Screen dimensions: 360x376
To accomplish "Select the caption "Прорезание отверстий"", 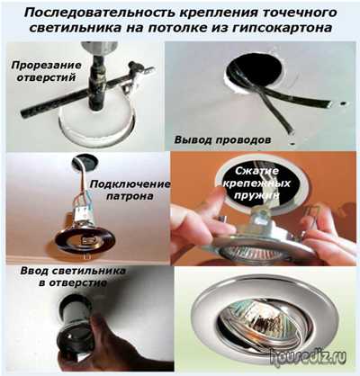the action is click(x=46, y=71).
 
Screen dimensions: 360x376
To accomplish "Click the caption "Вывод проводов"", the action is click(x=223, y=139).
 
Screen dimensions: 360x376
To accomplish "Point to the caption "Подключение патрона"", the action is click(x=130, y=190).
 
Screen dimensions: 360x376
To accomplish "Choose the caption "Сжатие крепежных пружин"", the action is click(x=256, y=183).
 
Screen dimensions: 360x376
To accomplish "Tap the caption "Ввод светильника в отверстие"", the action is click(x=73, y=276).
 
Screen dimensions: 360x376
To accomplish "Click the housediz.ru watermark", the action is click(x=308, y=358).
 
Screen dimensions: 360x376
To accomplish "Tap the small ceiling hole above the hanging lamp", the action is click(x=85, y=163).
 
